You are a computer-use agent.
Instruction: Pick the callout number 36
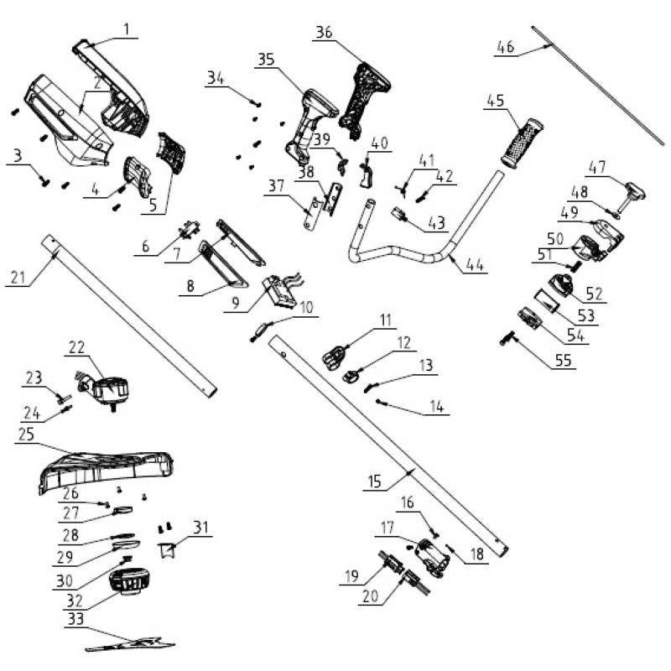(324, 33)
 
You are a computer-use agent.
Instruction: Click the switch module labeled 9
(280, 290)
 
